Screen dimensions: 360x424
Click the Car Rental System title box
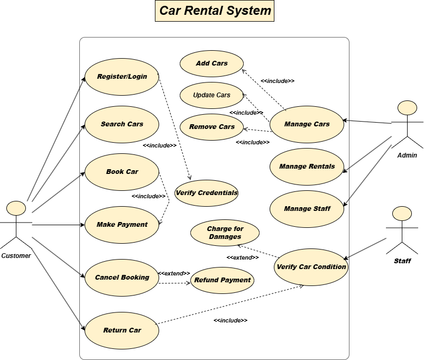point(215,11)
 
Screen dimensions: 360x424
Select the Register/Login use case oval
point(122,77)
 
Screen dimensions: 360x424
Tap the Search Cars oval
point(122,124)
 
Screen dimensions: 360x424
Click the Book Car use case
point(122,172)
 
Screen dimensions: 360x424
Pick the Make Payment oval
point(122,225)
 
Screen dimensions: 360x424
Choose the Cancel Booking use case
point(122,278)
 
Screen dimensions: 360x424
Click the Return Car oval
point(122,330)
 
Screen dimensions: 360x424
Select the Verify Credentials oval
point(206,193)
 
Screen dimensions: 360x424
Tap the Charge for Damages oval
point(225,233)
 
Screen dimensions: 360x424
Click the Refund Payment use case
point(222,280)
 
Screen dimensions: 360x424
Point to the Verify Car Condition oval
point(311,267)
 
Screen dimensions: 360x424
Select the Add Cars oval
point(211,63)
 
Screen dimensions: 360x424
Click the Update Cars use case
point(211,96)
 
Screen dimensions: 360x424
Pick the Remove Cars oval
point(211,127)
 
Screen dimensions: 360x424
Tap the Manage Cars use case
point(307,124)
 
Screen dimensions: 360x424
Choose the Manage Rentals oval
point(307,167)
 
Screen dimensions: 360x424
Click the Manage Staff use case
point(307,209)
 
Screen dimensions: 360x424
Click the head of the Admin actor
point(407,108)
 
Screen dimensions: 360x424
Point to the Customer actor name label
point(16,256)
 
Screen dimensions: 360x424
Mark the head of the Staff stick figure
point(402,214)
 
